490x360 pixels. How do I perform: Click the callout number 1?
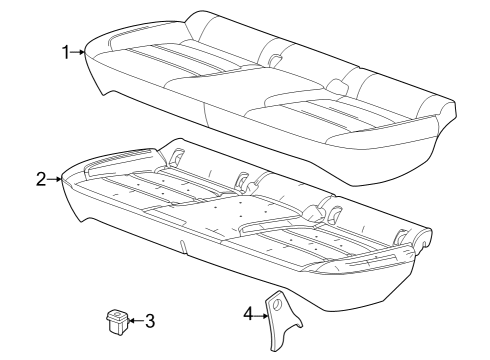point(66,52)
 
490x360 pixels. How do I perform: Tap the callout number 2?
point(41,180)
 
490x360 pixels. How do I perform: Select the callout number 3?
point(150,321)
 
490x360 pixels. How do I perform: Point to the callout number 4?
point(248,315)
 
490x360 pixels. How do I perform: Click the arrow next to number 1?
point(79,52)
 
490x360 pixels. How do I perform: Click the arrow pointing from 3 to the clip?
point(135,321)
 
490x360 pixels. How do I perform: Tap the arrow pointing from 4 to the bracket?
point(261,315)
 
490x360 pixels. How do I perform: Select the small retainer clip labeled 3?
point(115,321)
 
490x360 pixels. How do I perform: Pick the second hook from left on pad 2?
point(241,179)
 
